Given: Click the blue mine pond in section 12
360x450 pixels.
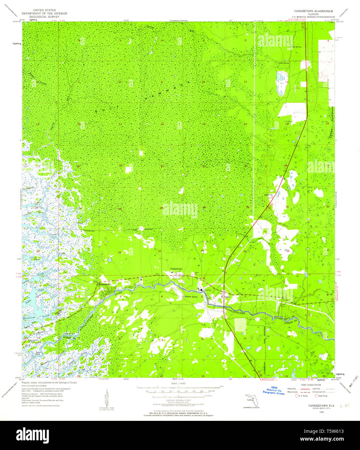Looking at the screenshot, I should click(x=280, y=77).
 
